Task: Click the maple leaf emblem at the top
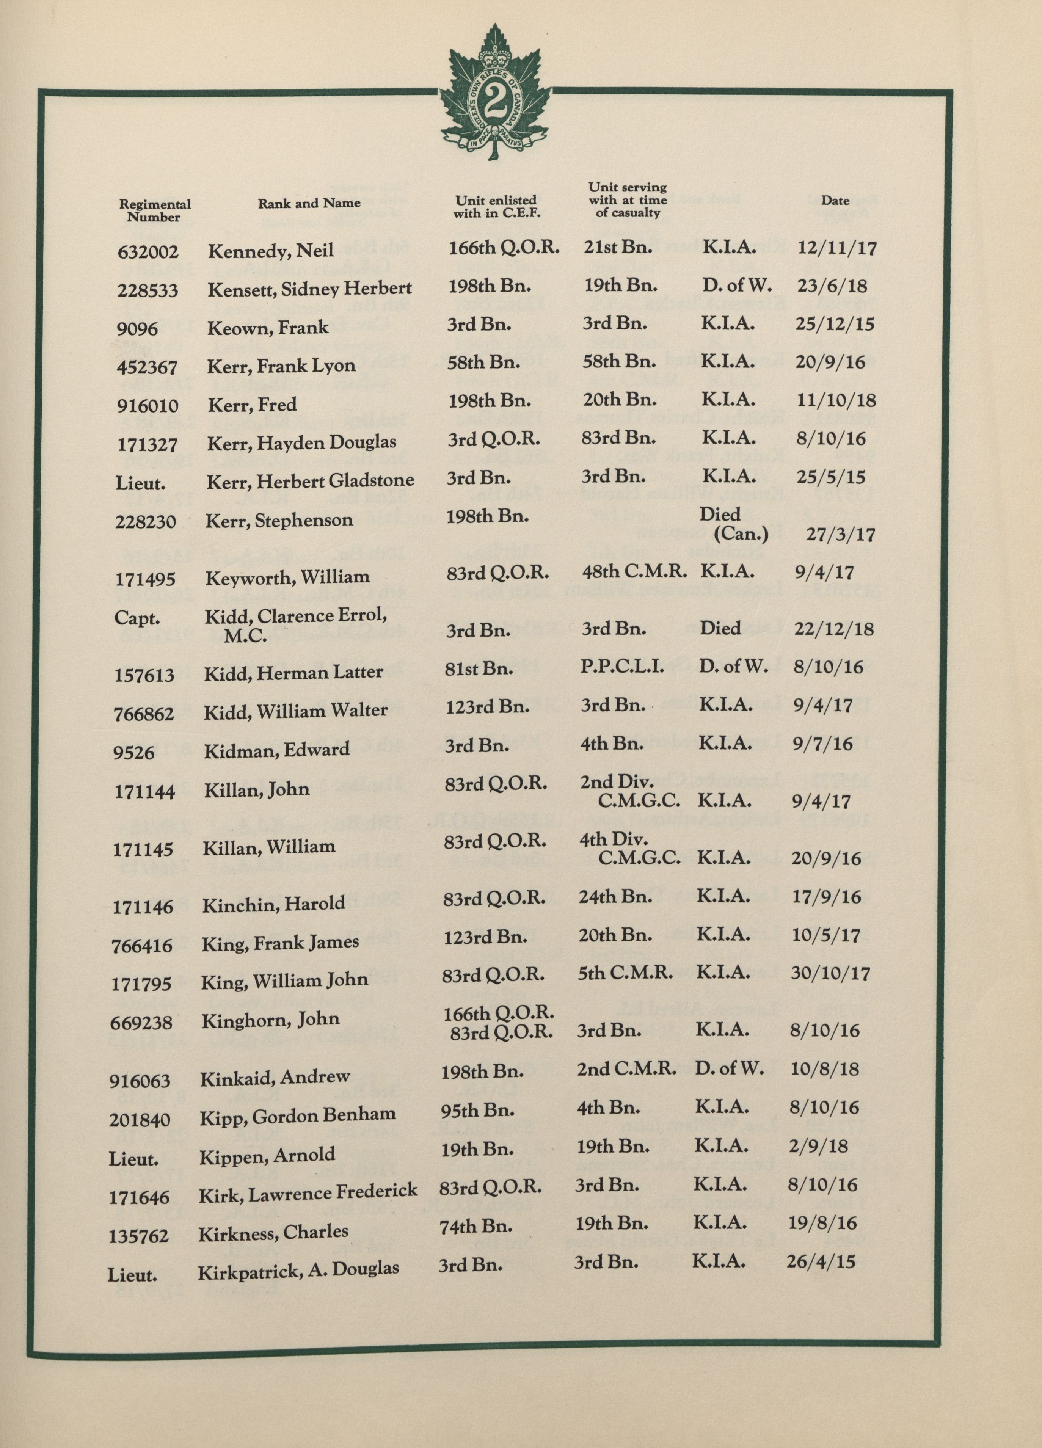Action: pyautogui.click(x=494, y=94)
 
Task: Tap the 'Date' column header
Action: pyautogui.click(x=835, y=201)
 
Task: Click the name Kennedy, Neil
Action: pyautogui.click(x=271, y=251)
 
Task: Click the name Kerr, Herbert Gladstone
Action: pyautogui.click(x=310, y=481)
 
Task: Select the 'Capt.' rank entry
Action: pyautogui.click(x=137, y=618)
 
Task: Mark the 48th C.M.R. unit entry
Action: pyautogui.click(x=635, y=571)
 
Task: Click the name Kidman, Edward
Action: pyautogui.click(x=276, y=750)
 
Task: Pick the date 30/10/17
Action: pyautogui.click(x=830, y=974)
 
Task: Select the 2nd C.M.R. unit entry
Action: pyautogui.click(x=626, y=1069)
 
